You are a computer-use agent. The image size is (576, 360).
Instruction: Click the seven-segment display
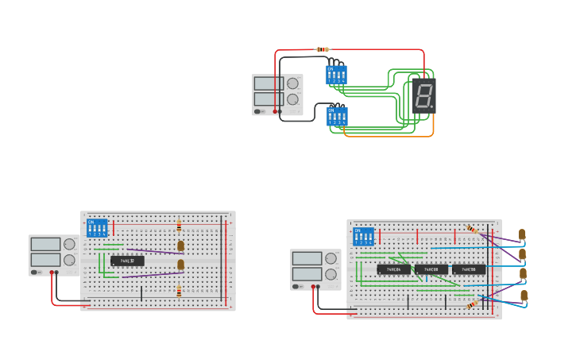coord(424,96)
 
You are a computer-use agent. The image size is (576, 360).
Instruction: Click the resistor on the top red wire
coord(323,49)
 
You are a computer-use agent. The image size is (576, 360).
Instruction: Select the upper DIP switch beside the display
coord(336,75)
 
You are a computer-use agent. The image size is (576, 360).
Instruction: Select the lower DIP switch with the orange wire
coord(337,117)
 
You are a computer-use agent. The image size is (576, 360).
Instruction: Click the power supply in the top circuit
coord(277,95)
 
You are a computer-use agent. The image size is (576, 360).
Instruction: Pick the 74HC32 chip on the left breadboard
coord(127,261)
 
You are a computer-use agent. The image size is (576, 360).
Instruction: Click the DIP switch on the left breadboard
coord(97,227)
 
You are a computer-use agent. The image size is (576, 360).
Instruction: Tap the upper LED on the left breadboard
coord(180,246)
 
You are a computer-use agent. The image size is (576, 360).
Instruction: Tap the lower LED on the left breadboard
coord(180,265)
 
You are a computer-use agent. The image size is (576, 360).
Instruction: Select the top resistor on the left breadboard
coord(179,226)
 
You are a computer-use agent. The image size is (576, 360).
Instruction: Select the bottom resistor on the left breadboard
coord(179,292)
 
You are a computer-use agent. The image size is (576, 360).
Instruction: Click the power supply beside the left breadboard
coord(53,255)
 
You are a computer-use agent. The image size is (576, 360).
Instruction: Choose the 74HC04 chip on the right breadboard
coord(393,269)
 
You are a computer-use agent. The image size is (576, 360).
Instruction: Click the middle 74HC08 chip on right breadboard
coord(431,269)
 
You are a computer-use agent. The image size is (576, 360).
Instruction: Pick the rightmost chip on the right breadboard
coord(468,269)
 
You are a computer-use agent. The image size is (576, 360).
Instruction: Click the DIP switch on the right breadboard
coord(363,236)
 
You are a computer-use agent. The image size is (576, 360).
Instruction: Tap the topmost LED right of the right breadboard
coord(522,234)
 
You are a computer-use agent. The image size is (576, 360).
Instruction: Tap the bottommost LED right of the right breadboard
coord(524,296)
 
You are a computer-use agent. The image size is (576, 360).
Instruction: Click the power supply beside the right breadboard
coord(315,269)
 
